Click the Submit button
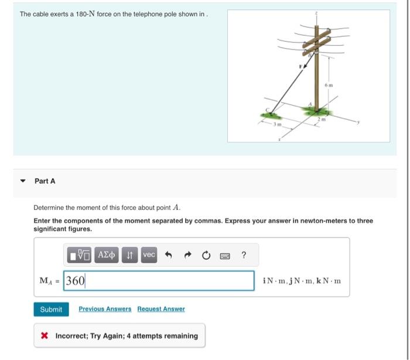[51, 309]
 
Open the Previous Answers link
[105, 309]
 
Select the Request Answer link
[161, 309]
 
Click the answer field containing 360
[158, 281]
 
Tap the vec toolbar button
[149, 254]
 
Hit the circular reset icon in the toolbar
[206, 254]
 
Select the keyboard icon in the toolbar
[224, 254]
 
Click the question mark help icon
[244, 254]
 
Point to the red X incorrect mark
[45, 336]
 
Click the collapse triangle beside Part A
[23, 181]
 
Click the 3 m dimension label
[280, 124]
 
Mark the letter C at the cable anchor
[269, 110]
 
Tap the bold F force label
[302, 66]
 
